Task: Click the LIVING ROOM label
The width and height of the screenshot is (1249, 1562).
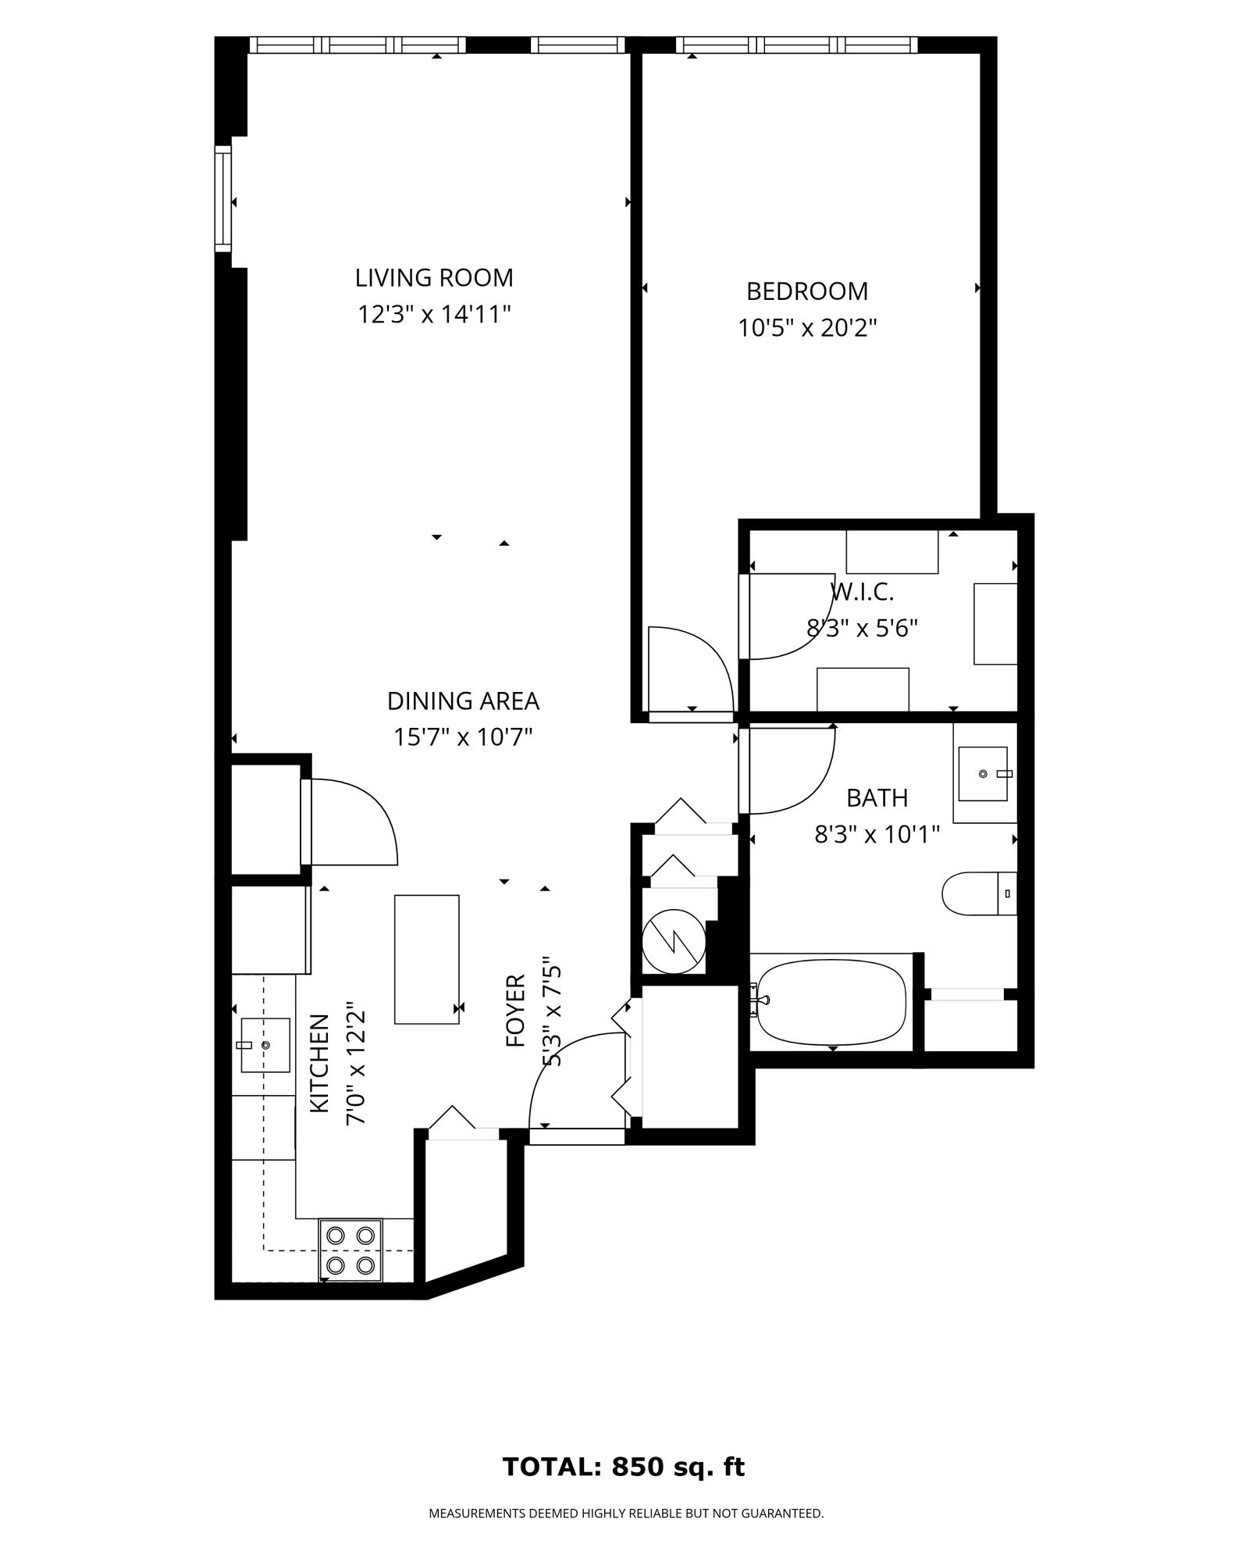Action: point(434,278)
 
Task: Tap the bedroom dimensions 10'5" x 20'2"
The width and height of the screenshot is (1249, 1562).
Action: point(807,328)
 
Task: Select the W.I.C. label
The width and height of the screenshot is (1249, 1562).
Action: point(862,593)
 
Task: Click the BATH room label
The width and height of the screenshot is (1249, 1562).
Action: point(877,798)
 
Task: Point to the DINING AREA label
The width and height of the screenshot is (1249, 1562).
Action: point(463,701)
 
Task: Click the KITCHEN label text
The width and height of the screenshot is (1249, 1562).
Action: point(318,1063)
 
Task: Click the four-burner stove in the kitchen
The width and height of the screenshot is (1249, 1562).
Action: point(351,1249)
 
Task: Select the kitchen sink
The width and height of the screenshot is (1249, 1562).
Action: point(265,1045)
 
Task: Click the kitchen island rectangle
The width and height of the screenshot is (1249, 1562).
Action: point(426,959)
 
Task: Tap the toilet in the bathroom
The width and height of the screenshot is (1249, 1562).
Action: point(978,893)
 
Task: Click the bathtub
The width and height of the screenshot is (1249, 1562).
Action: point(831,1001)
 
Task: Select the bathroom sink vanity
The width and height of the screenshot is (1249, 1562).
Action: point(984,773)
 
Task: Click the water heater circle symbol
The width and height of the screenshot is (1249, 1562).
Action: point(673,942)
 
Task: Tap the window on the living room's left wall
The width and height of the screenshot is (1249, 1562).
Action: point(224,199)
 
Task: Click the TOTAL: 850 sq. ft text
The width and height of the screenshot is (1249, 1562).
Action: point(623,1467)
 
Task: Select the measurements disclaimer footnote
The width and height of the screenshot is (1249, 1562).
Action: point(626,1514)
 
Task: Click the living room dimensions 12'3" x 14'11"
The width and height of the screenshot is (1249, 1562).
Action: point(434,315)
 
